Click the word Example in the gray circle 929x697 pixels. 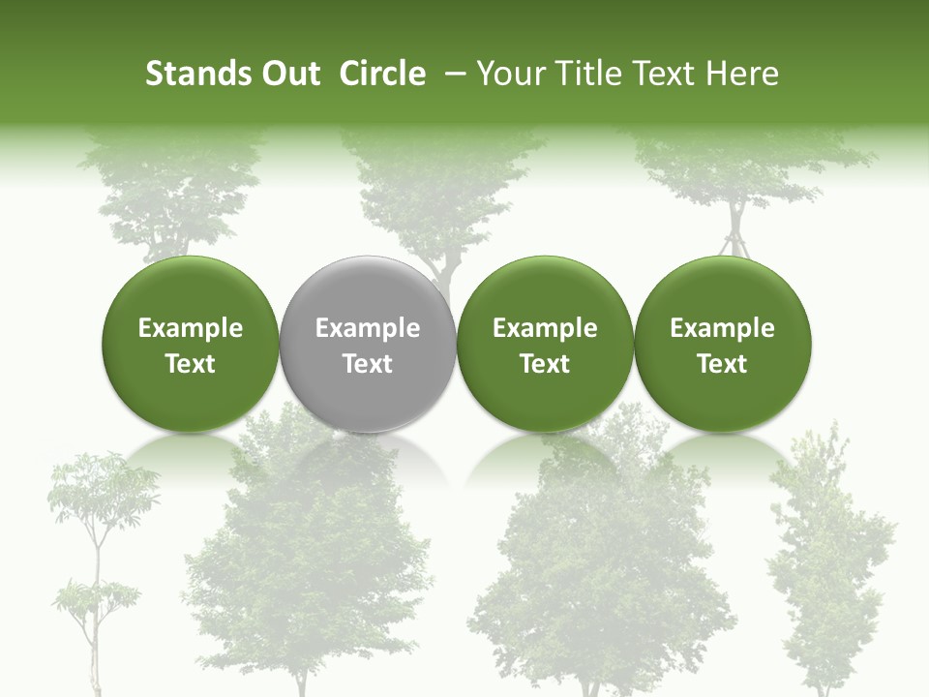click(368, 328)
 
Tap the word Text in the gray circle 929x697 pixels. click(368, 364)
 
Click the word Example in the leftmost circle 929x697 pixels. click(191, 328)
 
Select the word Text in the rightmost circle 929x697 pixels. click(722, 364)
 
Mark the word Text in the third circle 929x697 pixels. click(545, 364)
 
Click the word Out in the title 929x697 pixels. click(291, 74)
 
